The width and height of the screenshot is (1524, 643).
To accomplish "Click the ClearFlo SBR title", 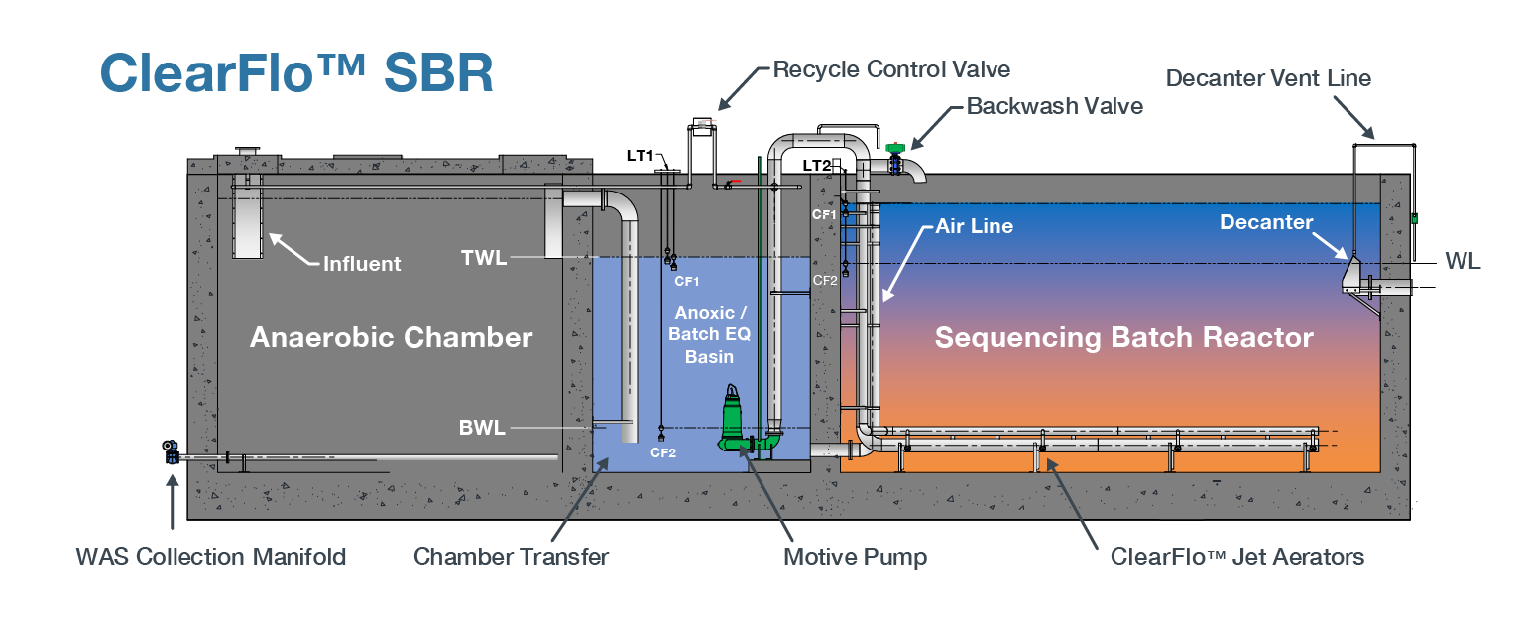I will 295,74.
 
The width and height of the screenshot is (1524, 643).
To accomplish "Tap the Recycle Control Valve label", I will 890,69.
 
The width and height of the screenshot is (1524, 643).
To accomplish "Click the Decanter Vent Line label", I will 1268,78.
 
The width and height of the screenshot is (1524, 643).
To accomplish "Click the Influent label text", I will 362,264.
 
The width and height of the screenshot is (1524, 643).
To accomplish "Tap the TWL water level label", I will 484,259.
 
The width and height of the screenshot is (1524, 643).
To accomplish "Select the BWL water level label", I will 482,429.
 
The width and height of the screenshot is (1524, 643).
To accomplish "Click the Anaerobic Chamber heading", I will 391,337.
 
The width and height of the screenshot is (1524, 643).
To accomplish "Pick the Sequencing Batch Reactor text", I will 1123,337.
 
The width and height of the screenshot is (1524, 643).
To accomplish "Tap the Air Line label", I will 974,226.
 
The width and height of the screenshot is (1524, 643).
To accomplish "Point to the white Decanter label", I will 1265,223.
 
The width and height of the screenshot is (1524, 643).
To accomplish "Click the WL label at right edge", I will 1463,262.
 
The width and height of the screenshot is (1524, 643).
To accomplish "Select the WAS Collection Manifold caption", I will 211,557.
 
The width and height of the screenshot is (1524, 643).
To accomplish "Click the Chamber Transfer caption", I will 511,557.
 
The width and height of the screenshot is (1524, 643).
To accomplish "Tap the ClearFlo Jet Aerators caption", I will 1236,557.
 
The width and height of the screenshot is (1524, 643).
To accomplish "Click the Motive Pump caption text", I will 855,557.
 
